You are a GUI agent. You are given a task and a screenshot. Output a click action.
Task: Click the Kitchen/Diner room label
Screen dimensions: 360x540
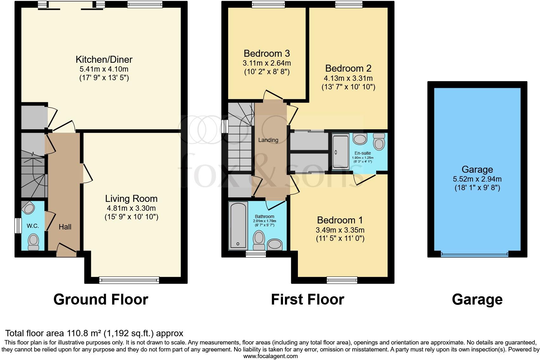(x=104, y=59)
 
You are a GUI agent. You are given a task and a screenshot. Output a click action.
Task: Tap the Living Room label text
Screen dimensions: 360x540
(x=131, y=199)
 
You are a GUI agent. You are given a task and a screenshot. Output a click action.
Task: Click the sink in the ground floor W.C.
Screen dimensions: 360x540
(x=29, y=208)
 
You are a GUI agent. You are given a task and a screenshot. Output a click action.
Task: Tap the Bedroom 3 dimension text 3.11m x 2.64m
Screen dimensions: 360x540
(x=267, y=63)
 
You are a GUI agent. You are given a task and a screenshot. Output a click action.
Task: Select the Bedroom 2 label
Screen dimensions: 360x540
(x=348, y=68)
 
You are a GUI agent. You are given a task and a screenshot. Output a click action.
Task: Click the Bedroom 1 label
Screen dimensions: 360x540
(x=340, y=220)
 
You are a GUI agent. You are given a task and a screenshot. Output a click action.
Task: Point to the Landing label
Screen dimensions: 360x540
(x=268, y=140)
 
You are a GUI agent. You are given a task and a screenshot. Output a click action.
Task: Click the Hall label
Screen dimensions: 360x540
(x=65, y=227)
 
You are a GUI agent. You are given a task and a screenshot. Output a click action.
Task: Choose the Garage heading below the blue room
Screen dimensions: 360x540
(x=477, y=299)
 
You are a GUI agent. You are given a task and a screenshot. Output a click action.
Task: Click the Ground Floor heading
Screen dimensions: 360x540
(x=101, y=299)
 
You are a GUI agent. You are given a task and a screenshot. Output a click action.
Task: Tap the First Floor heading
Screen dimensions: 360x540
(x=307, y=299)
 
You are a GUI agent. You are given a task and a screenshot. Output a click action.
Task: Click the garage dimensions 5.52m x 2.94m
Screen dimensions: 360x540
(x=477, y=179)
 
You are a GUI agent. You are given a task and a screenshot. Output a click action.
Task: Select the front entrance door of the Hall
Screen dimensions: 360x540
(x=67, y=250)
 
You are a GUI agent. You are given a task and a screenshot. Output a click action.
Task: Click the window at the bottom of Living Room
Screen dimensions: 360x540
(x=129, y=280)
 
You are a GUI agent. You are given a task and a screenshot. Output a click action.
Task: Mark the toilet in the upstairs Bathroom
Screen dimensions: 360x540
(x=259, y=241)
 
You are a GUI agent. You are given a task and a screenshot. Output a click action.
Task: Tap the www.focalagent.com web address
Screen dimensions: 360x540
(x=270, y=356)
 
